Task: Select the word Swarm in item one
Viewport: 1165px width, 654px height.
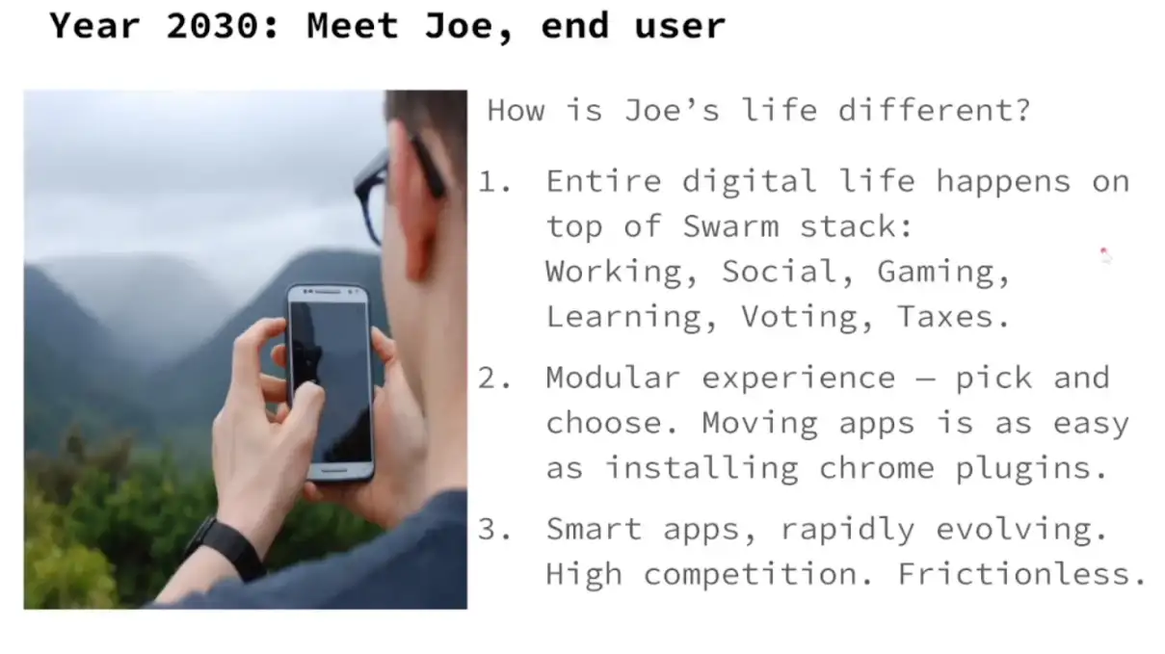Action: (x=730, y=226)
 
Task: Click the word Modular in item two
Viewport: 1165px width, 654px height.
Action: (x=613, y=378)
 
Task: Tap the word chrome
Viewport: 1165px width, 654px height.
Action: (x=877, y=468)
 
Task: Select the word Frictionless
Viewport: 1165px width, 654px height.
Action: (x=1022, y=573)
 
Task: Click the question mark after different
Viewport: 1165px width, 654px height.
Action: (x=1023, y=110)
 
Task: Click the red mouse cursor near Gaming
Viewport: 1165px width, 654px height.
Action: (x=1104, y=254)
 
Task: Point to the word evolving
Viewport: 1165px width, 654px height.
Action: (x=1021, y=530)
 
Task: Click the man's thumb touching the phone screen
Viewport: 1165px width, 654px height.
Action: (x=305, y=401)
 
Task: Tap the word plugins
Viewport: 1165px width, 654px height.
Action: (x=1031, y=468)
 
